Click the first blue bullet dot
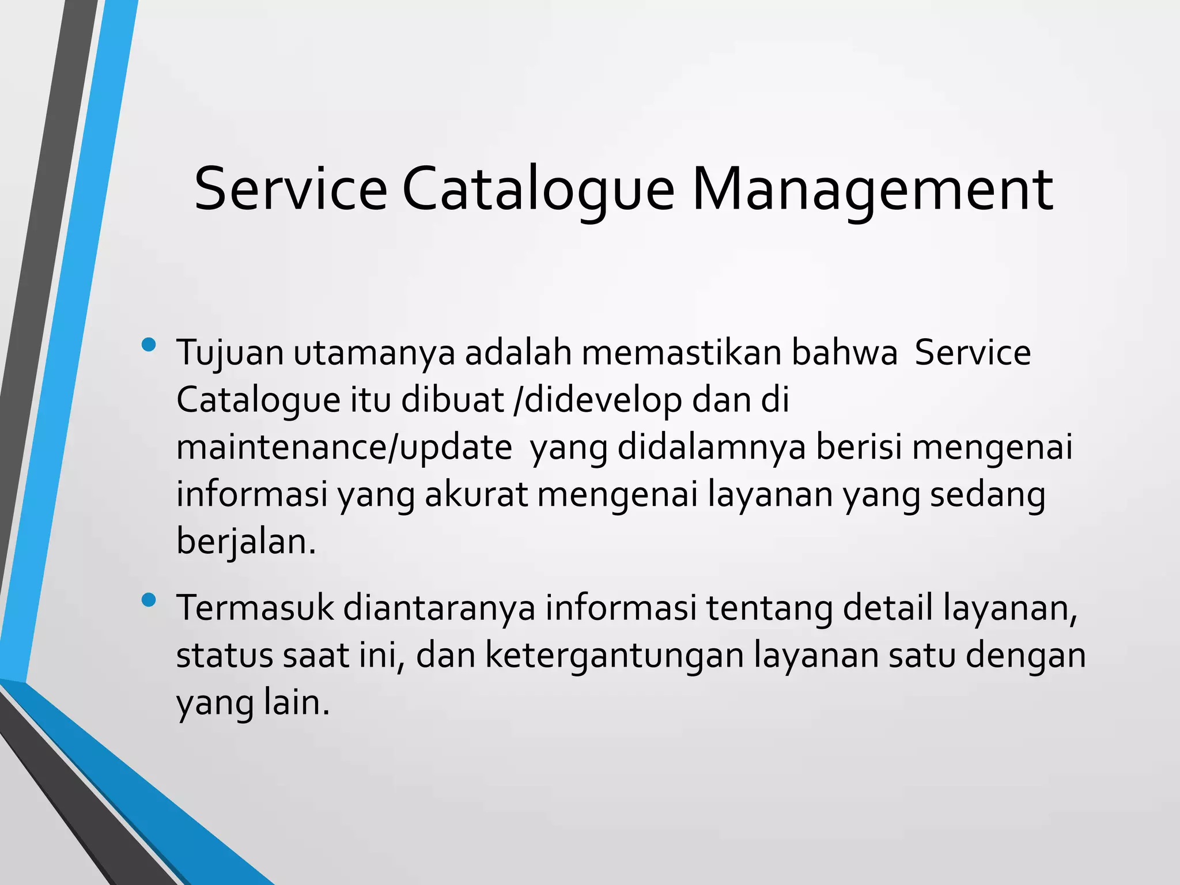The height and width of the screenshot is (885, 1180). click(149, 345)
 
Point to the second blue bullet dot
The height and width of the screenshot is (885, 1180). click(149, 600)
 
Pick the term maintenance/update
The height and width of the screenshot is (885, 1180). click(344, 448)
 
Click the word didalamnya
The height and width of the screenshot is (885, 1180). click(712, 448)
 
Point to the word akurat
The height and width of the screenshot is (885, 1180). click(476, 496)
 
